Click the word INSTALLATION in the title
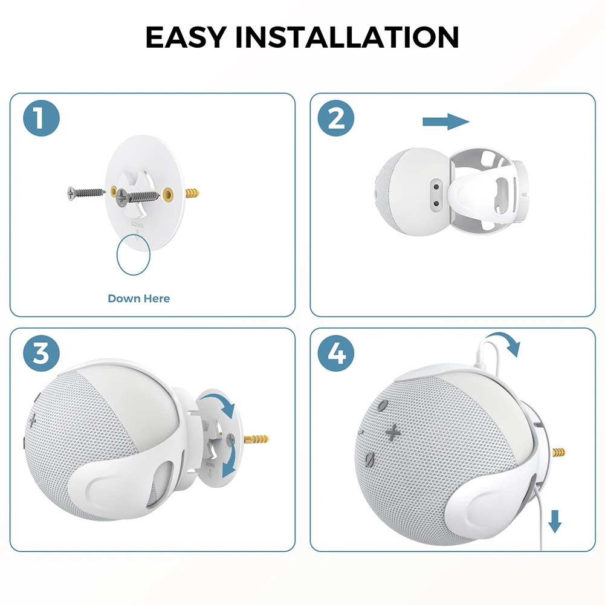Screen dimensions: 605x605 [x=347, y=37]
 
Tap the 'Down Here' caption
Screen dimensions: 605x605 [x=138, y=298]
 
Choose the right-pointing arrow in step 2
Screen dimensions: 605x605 [x=445, y=122]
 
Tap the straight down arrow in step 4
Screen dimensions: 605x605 [x=554, y=519]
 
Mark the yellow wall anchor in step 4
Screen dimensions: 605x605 [x=559, y=451]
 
